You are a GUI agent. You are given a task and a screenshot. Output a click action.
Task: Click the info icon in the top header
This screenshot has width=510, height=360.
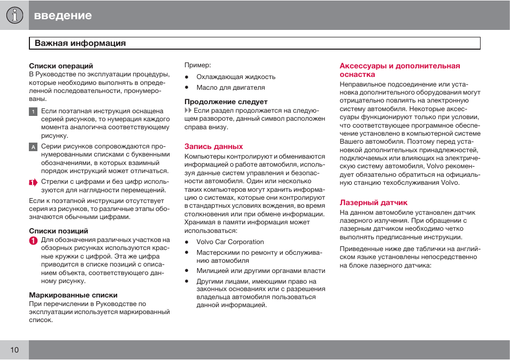[x=14, y=15]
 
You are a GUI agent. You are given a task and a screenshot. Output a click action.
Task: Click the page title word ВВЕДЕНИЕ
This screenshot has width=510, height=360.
[x=63, y=15]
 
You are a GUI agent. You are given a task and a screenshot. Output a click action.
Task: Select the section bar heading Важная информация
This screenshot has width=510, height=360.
[x=80, y=43]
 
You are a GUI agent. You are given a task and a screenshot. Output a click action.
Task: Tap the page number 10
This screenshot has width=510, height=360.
[x=14, y=350]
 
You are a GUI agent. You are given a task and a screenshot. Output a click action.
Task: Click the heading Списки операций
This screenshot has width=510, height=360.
[x=61, y=66]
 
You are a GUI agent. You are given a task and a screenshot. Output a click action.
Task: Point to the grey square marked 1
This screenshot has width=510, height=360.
[x=33, y=112]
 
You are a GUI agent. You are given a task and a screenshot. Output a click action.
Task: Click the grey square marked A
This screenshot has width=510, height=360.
[x=33, y=147]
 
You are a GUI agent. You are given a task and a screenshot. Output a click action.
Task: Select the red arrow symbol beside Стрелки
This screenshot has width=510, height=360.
[x=33, y=182]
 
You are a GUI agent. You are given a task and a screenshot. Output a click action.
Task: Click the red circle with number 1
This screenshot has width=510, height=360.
[x=33, y=241]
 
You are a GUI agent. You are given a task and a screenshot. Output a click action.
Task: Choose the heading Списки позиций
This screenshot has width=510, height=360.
[x=58, y=231]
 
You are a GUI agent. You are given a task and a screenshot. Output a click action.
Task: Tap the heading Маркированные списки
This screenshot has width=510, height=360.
[x=73, y=295]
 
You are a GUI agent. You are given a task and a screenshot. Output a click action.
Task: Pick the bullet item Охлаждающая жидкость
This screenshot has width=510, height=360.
[x=236, y=77]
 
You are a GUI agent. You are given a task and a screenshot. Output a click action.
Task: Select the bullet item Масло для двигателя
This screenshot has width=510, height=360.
[x=230, y=88]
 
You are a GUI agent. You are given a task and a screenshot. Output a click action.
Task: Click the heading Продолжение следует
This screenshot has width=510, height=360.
[x=226, y=101]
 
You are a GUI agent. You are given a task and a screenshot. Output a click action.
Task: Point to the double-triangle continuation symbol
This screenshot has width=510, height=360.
[x=188, y=111]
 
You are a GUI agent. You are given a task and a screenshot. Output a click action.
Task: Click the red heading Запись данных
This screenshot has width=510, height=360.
[x=214, y=146]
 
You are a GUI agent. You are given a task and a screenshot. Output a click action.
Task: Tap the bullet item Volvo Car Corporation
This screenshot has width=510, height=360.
[x=230, y=242]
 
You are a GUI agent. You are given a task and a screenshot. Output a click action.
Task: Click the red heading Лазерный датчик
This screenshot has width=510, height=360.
[x=374, y=202]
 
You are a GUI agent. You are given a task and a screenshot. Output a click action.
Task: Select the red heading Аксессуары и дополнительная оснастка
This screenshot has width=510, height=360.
[x=400, y=70]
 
